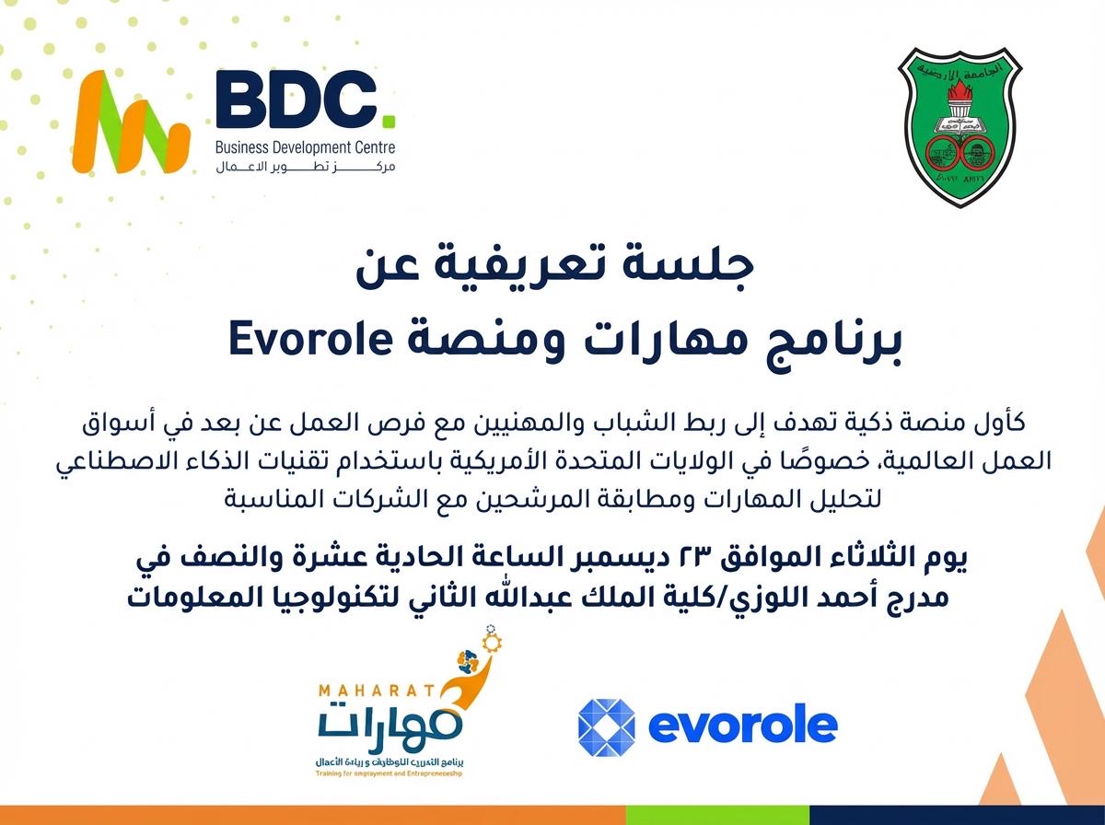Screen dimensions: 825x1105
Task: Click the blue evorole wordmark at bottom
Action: coord(742,725)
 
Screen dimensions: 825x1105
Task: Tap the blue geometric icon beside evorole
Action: coord(607,724)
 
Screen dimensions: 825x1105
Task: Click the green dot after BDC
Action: coord(389,120)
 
